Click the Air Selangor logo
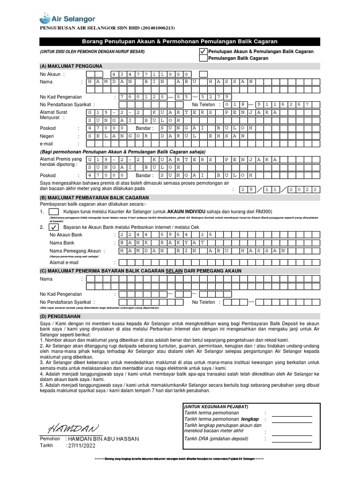pos(67,19)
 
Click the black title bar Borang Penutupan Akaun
pos(180,42)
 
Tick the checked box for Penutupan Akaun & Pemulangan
pos(202,51)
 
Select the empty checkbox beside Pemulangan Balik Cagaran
pos(202,58)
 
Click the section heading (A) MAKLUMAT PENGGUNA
pos(71,66)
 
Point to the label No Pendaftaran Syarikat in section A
pos(67,105)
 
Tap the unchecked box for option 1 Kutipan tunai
pos(54,211)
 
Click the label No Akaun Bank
pos(66,234)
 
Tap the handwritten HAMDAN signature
pos(73,428)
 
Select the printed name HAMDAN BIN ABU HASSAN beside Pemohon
pos(103,439)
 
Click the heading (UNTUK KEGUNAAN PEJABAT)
pos(216,406)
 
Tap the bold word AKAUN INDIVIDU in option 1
pos(187,211)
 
